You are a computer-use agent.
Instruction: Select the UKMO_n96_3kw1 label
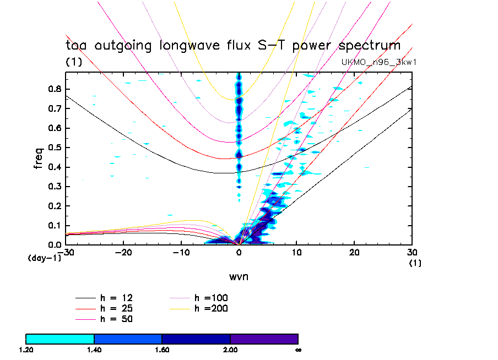click(x=378, y=62)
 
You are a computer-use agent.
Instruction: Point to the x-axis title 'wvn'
click(x=239, y=276)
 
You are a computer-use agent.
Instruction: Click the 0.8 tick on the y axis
click(x=54, y=89)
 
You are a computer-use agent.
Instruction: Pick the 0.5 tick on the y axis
click(x=54, y=148)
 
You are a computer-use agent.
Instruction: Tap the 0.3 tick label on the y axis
click(x=54, y=187)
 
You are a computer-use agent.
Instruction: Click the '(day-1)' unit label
click(x=45, y=258)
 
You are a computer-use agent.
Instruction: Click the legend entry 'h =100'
click(x=211, y=298)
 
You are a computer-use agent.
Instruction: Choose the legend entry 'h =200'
click(x=211, y=308)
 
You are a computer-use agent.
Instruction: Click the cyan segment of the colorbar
click(x=60, y=339)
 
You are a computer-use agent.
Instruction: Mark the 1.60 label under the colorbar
click(x=162, y=350)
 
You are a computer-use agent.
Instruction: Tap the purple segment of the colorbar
click(x=264, y=339)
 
